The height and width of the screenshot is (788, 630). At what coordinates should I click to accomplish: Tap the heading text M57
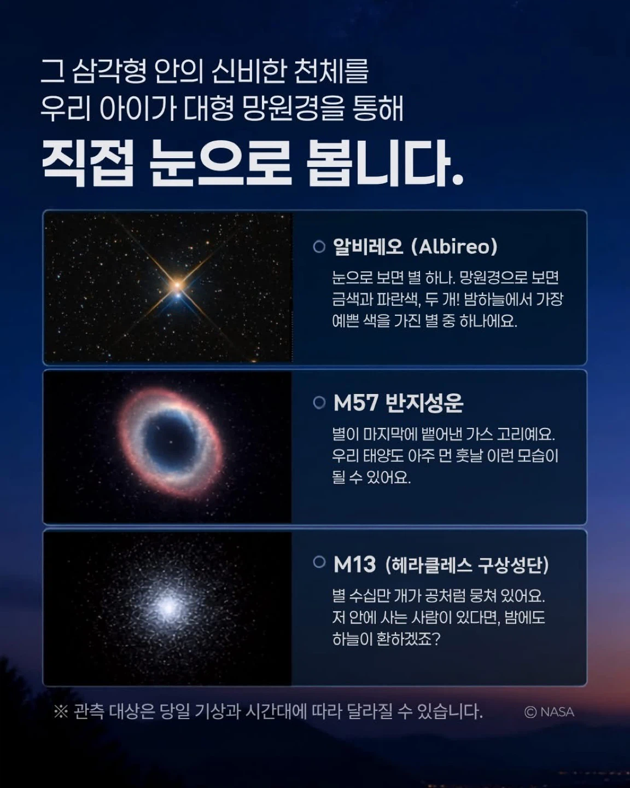pyautogui.click(x=356, y=403)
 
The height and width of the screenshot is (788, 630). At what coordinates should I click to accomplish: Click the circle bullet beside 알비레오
pyautogui.click(x=319, y=247)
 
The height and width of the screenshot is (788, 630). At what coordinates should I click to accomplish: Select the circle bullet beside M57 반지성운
pyautogui.click(x=319, y=403)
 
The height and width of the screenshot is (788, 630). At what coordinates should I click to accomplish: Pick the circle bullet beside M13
pyautogui.click(x=319, y=562)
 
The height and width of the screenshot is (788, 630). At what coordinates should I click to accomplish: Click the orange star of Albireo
pyautogui.click(x=177, y=284)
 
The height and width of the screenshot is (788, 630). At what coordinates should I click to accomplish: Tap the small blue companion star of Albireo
pyautogui.click(x=178, y=294)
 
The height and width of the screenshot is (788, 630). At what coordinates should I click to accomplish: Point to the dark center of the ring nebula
pyautogui.click(x=170, y=441)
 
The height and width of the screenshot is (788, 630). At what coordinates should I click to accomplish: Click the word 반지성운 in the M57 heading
pyautogui.click(x=424, y=403)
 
